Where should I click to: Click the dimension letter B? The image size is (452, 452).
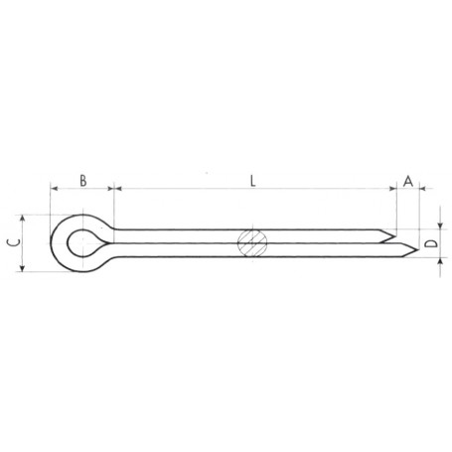83,181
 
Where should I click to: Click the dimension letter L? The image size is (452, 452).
253,181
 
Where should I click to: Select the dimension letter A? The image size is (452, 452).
408,181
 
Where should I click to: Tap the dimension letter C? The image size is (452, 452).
14,242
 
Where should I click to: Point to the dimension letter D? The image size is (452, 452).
431,243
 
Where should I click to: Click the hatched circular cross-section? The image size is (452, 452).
252,242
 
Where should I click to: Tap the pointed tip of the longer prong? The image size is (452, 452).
418,249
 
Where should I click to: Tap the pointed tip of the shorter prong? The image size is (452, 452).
395,236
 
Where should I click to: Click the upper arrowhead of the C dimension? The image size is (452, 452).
22,218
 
